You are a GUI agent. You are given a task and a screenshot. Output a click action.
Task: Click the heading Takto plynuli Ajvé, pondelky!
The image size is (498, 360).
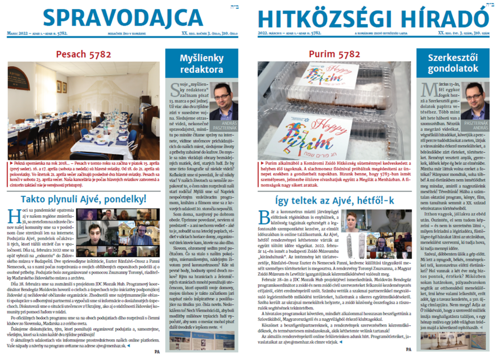(84, 199)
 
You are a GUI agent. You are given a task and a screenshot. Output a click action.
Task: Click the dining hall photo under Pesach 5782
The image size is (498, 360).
(83, 111)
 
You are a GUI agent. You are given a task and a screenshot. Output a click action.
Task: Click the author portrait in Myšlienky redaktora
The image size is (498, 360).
(223, 102)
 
